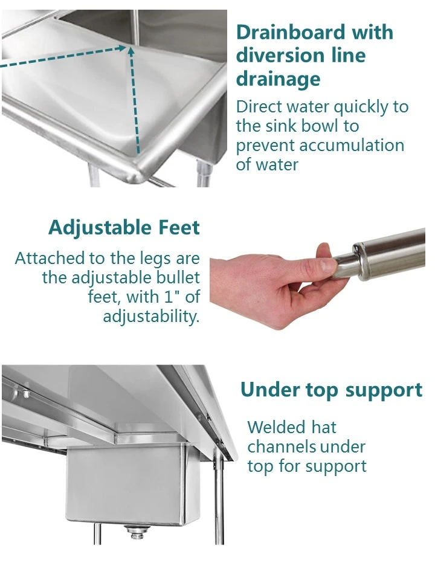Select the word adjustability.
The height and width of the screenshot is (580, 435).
click(150, 316)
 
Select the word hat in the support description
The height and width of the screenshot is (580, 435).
click(324, 427)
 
